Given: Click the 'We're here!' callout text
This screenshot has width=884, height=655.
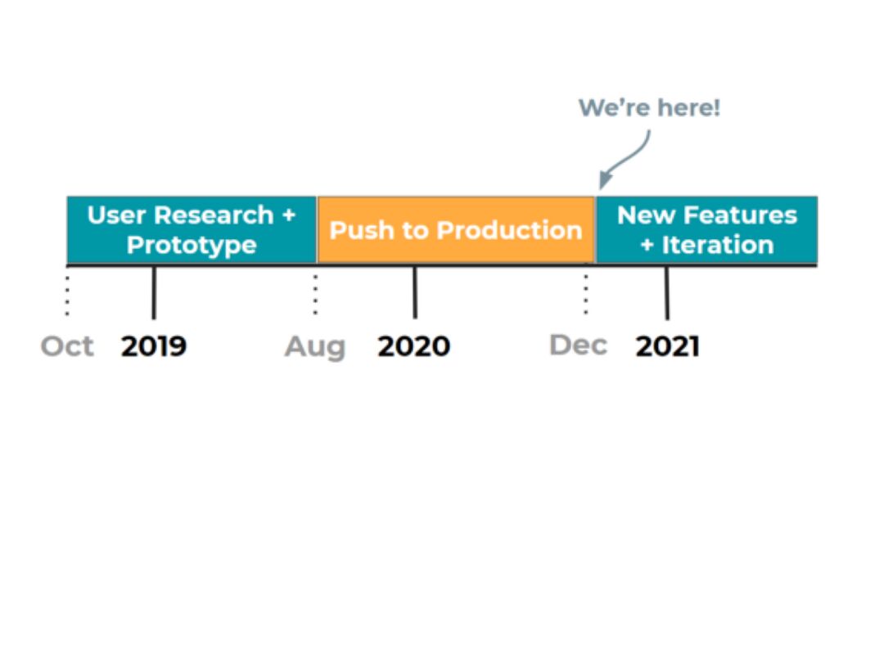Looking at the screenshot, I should pos(649,108).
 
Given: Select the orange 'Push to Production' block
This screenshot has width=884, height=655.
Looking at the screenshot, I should pos(455,230).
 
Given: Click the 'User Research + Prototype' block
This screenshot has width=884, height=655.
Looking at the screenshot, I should pos(192,230).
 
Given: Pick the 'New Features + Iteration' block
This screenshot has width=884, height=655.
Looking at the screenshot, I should pos(706,230).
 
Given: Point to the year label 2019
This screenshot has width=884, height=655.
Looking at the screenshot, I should pos(154,346).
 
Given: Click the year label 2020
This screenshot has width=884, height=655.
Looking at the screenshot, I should pos(414,346).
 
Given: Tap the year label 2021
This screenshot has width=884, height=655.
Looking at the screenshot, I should pos(667,346).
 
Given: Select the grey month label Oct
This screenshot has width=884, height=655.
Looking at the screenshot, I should pos(67,346).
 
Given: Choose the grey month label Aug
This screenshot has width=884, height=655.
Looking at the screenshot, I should pos(315,347).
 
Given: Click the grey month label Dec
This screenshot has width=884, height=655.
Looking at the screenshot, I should pos(578,346).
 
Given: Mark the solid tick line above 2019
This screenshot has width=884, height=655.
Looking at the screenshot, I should pos(154,292).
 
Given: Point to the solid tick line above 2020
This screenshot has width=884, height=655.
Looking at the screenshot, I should pos(415,292).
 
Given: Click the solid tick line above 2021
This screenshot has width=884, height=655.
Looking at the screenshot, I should pos(667,292).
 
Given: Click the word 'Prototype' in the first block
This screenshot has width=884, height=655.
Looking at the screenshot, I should pos(192,245).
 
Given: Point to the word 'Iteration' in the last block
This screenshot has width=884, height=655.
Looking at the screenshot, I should pos(717,245).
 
